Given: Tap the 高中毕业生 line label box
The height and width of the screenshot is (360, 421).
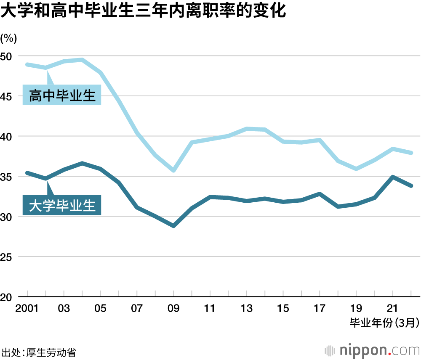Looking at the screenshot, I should (62, 95).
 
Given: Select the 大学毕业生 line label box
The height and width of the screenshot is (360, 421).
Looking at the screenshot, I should (62, 206).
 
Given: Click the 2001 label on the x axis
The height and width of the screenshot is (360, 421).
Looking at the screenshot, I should (27, 308).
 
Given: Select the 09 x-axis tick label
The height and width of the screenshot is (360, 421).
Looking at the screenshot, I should (173, 308).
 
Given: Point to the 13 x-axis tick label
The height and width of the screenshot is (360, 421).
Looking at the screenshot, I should (246, 308).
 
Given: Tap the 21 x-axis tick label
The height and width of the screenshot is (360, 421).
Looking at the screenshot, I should (393, 308).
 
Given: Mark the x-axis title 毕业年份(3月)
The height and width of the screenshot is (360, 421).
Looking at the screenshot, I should (384, 323).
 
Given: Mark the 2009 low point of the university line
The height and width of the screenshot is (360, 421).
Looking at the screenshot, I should (173, 226).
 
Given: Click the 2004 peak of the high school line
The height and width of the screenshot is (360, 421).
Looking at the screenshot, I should (82, 60).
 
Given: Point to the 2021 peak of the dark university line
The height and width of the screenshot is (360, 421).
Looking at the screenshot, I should (393, 177).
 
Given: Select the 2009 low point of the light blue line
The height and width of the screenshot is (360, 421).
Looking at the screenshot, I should (173, 170).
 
